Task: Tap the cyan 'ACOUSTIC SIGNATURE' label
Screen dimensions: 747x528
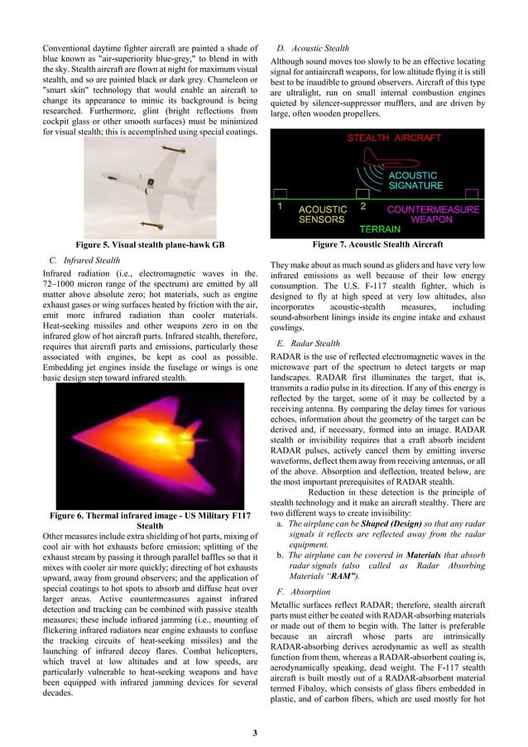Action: pos(415,181)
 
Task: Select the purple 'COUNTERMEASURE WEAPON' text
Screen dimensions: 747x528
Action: pos(433,215)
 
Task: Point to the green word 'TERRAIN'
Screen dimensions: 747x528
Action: pos(380,229)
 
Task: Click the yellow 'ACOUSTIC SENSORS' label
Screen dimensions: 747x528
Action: pos(323,215)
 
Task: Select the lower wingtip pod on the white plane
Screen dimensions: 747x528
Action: pos(152,222)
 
